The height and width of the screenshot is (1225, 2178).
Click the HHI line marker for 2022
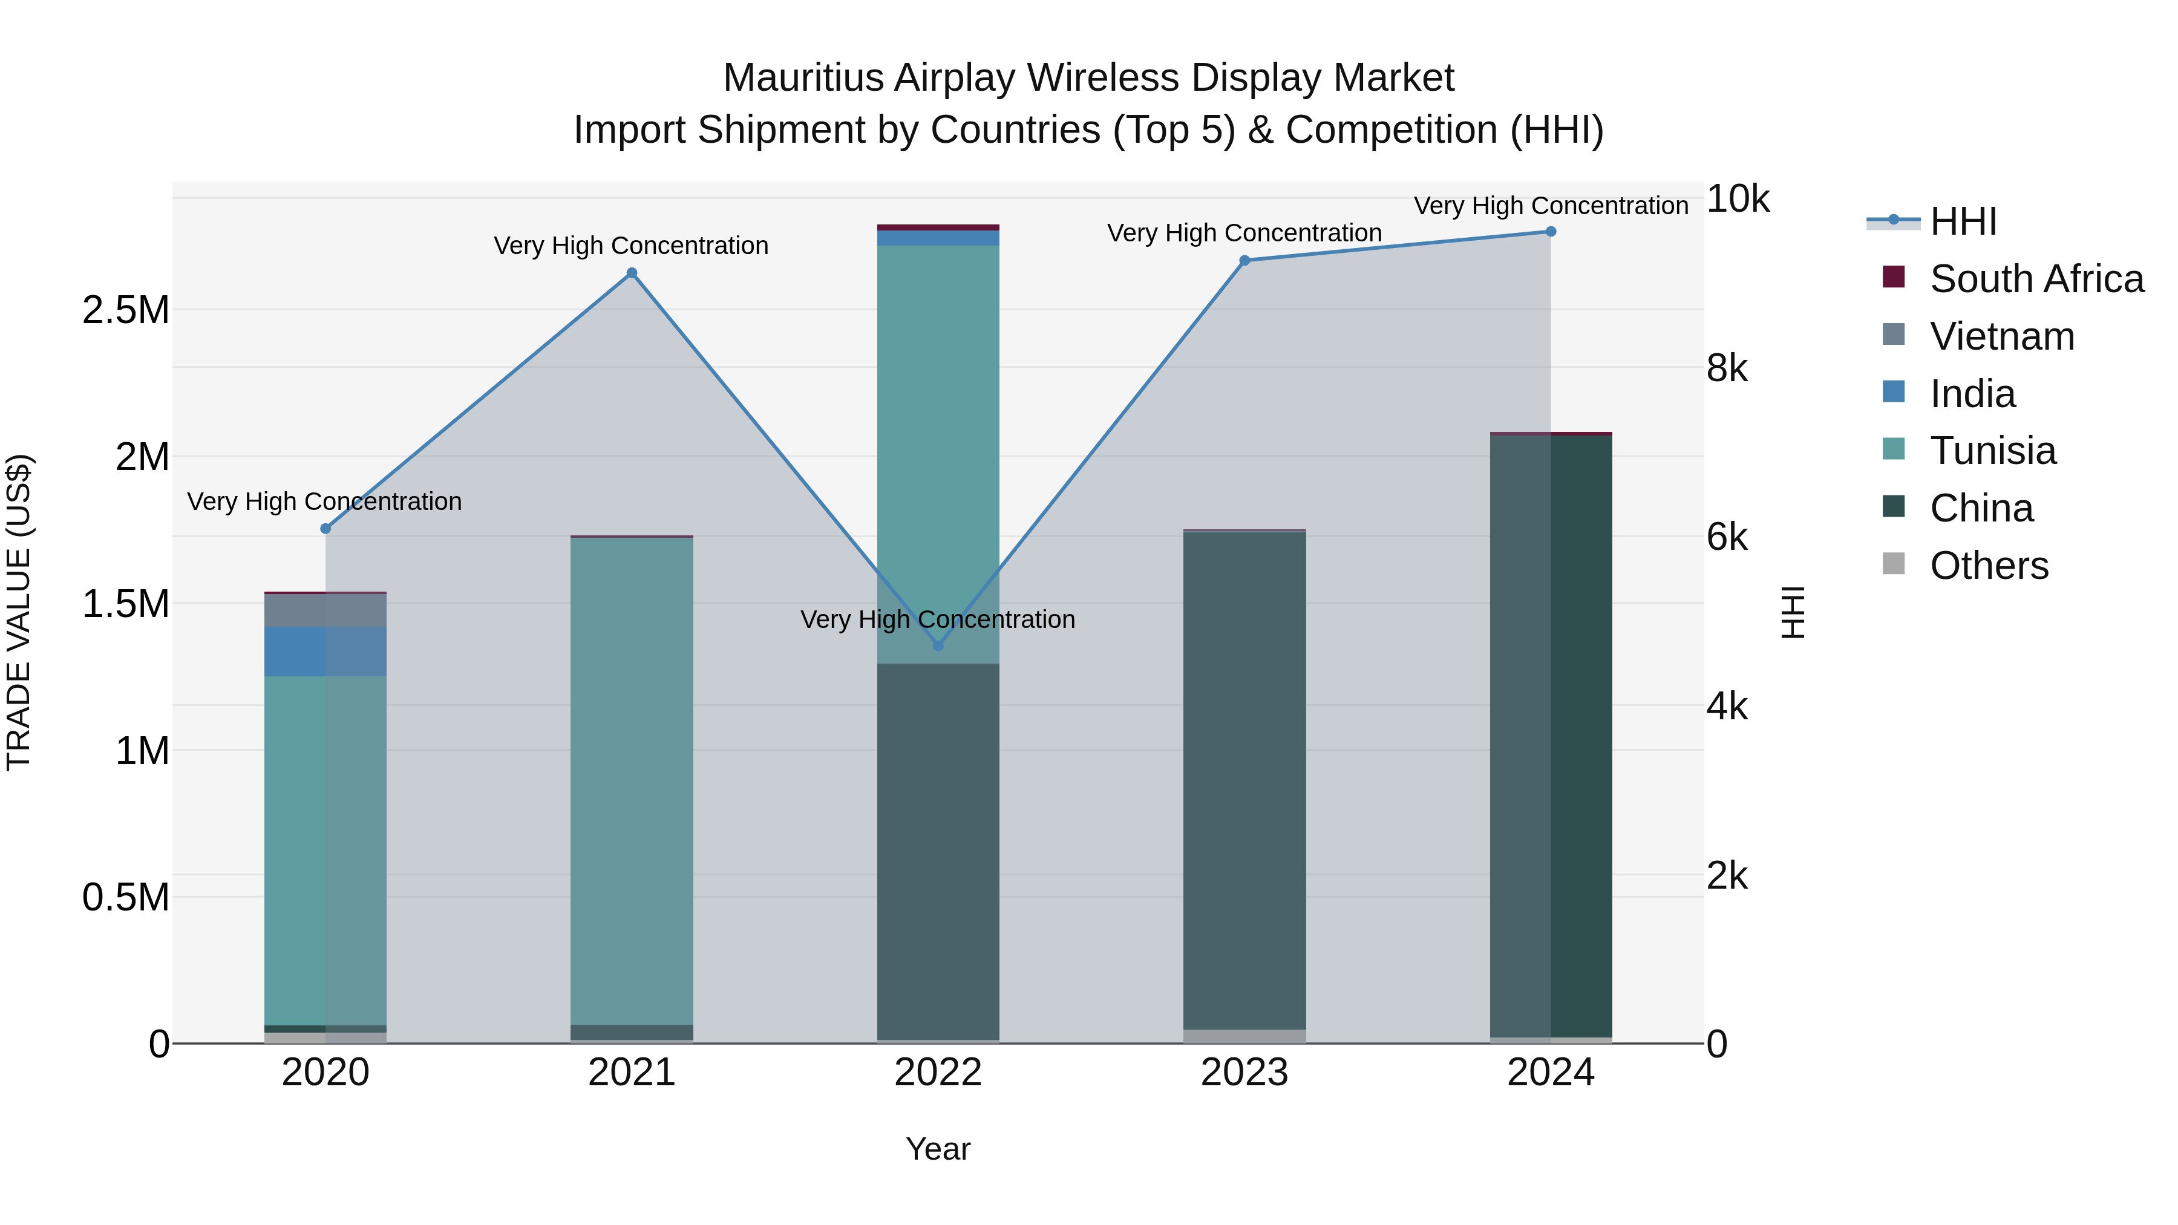click(938, 645)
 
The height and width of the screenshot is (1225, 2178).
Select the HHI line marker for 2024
click(1551, 232)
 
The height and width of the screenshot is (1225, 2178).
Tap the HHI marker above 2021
click(632, 273)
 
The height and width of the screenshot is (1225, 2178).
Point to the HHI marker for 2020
click(325, 528)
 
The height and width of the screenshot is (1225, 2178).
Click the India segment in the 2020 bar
click(325, 651)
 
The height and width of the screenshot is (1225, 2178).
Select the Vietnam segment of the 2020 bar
click(325, 610)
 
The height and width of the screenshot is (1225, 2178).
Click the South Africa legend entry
click(2036, 279)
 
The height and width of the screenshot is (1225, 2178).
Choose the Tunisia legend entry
click(1992, 451)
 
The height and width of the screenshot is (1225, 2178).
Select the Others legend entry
click(1989, 566)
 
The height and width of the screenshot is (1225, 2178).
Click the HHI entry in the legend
click(1963, 221)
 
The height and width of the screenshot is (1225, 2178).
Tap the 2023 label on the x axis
click(1244, 1073)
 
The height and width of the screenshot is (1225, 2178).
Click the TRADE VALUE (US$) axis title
click(19, 612)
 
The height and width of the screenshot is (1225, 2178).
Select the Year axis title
click(938, 1149)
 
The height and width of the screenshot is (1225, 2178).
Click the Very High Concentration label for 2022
click(938, 619)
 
